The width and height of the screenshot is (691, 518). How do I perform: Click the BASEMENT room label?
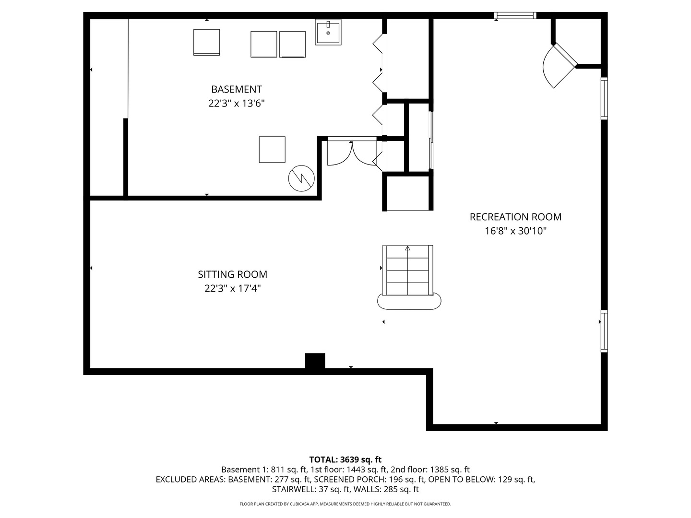coord(237,89)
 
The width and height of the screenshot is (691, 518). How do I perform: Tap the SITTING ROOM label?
coord(232,274)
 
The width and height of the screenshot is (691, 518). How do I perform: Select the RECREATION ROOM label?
coord(515,217)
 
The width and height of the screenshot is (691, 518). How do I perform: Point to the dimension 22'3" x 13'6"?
coord(237,103)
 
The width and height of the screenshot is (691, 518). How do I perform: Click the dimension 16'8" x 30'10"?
coord(515,231)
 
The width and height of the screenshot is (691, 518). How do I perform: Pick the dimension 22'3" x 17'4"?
coord(232,288)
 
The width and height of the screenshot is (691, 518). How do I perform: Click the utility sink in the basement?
coord(328,32)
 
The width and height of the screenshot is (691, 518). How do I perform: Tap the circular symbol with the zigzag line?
coord(301,178)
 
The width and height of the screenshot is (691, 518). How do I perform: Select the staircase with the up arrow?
coord(407,270)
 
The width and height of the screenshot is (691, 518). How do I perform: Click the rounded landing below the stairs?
coord(409,303)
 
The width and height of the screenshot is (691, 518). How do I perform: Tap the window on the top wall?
coord(515,15)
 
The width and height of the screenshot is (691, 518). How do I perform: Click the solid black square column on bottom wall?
coord(315,361)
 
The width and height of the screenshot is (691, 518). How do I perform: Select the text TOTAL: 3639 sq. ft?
coord(345,459)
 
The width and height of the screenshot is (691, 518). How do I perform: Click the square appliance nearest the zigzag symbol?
coord(272,149)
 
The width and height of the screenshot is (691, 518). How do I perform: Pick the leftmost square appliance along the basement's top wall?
coord(206,43)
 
